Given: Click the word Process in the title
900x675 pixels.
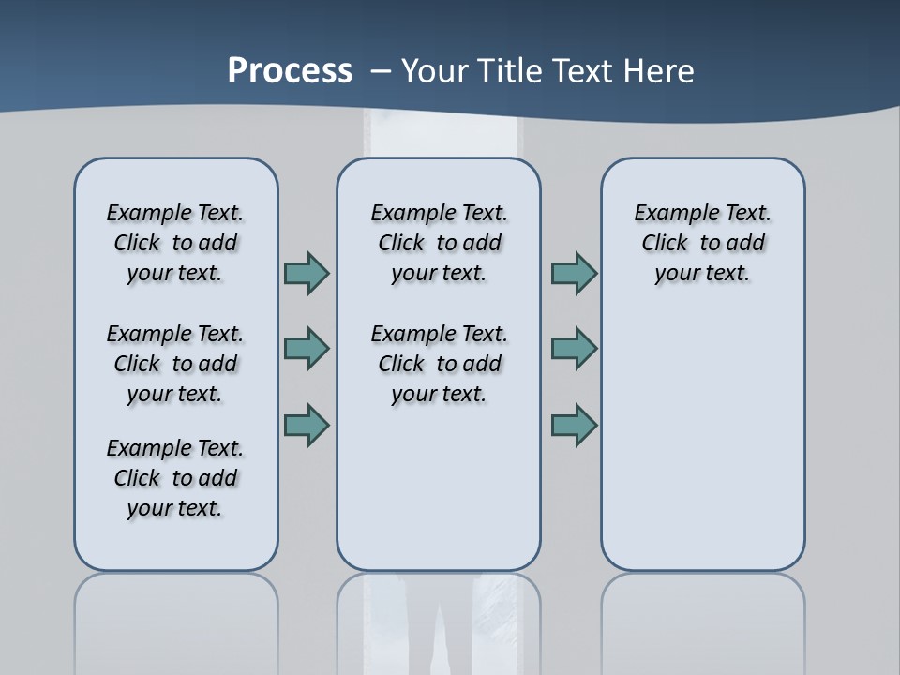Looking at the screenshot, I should coord(290,71).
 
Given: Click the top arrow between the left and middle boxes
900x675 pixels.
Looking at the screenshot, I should coord(307,273).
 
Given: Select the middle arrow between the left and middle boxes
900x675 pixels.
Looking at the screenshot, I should coord(307,349).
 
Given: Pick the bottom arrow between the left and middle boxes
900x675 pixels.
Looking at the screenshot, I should coord(307,426).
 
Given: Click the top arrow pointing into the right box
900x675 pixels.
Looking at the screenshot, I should coord(574,273).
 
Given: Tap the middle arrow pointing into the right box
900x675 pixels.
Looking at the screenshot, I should coord(574,349).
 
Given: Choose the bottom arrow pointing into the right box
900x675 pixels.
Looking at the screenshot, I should coord(574,426).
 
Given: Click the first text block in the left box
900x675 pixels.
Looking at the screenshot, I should coord(175,243).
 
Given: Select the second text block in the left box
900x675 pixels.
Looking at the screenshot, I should coord(175,364).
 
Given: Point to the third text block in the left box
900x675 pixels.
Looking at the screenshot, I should coord(175,478).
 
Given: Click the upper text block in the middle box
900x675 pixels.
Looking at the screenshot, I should coord(440,243).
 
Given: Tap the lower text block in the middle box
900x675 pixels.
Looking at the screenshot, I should coord(440,364).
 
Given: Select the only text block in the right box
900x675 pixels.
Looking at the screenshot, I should coord(703,243).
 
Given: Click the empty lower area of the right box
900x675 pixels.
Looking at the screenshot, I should coord(703,441).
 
